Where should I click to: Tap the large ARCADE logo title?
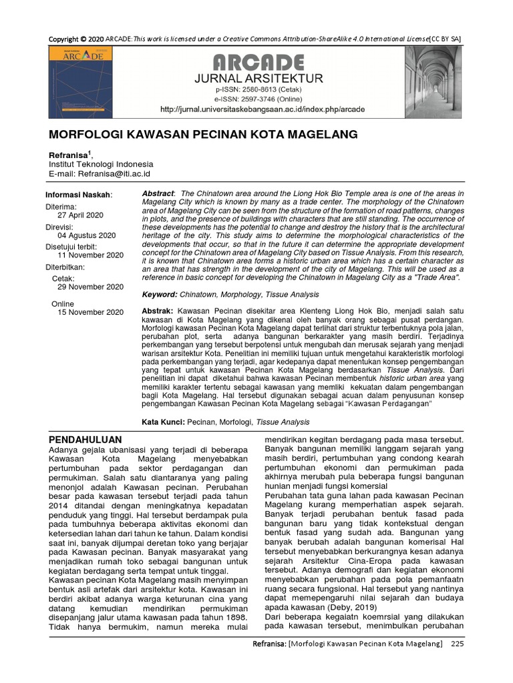click(x=258, y=63)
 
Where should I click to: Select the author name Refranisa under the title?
click(x=69, y=155)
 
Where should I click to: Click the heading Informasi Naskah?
click(x=78, y=194)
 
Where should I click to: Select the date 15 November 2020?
click(x=90, y=312)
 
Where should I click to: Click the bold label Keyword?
click(x=160, y=294)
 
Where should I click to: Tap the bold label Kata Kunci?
click(x=164, y=422)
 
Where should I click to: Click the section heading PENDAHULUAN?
click(x=85, y=440)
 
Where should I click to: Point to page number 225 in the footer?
click(x=456, y=644)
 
